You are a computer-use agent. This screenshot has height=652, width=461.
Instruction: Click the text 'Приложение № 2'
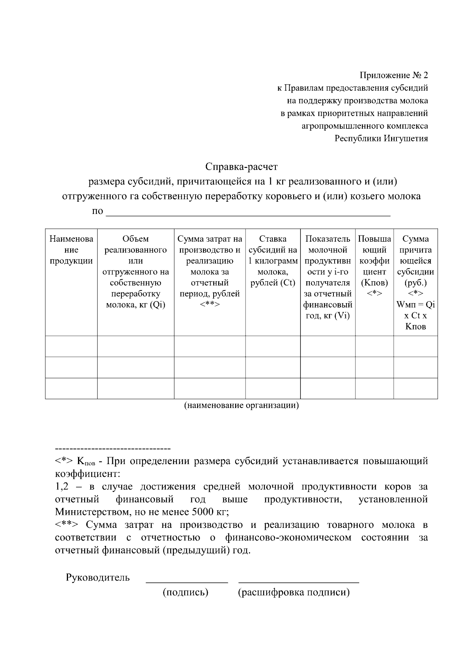pos(393,75)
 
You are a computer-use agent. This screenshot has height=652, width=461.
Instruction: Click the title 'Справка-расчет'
pos(241,167)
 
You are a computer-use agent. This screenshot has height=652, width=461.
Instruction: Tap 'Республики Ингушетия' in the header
pos(381,138)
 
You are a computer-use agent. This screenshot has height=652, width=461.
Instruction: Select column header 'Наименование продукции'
pos(71,250)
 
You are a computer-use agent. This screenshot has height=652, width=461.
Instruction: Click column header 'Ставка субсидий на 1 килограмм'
pos(273,261)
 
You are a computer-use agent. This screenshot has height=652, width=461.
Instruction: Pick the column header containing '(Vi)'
pos(328,277)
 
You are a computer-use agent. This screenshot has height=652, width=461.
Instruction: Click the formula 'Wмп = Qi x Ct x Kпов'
pos(415,316)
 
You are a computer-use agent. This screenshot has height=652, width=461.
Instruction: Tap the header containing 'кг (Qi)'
pos(136,272)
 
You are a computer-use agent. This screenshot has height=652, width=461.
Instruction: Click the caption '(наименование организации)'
pos(241,405)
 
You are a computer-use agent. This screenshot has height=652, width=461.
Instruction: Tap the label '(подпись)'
pos(186,592)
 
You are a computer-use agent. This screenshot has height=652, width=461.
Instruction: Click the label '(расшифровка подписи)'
pos(294,592)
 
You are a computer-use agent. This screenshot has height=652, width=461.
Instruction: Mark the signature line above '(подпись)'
pos(187,582)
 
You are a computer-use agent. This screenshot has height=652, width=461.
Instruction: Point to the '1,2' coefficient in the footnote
pos(61,487)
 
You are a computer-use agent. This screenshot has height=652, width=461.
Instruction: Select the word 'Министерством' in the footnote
pos(90,512)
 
